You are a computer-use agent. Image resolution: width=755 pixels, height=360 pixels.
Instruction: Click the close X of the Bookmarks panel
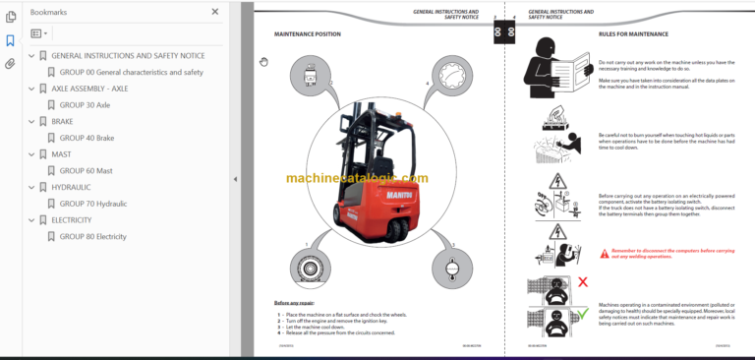point(215,12)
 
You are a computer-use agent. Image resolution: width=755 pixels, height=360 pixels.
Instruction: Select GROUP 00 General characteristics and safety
point(131,72)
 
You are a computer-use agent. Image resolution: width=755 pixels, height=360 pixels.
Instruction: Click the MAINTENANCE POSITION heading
point(307,33)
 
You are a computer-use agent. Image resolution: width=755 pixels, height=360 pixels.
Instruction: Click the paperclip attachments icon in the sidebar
point(11,64)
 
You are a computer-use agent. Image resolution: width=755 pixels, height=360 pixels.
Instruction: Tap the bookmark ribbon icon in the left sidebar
point(11,40)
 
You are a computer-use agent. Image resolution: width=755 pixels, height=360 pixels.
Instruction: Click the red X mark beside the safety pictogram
point(582,281)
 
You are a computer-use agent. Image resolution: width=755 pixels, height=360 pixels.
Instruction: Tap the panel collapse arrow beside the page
point(234,179)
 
